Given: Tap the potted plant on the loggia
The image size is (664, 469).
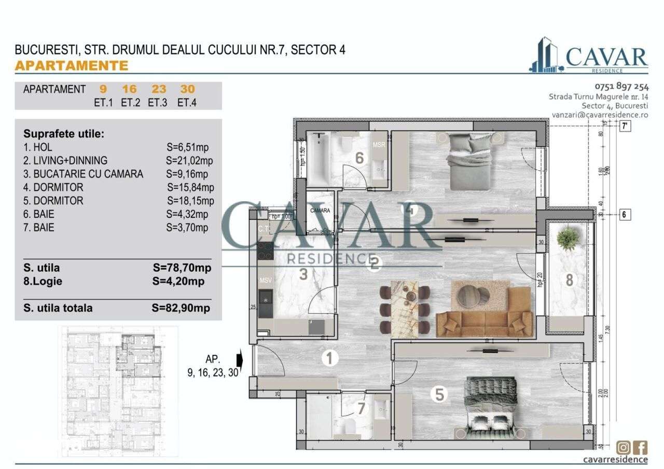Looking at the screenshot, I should [568, 239].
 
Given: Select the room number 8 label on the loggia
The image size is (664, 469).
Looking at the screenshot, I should [569, 280].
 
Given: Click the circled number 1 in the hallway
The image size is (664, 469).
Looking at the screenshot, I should [328, 357].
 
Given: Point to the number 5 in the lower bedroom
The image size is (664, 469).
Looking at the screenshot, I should [439, 395].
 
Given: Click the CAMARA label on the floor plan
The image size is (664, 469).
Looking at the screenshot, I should [320, 211].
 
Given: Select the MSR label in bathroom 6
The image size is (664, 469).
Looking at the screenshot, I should [379, 145].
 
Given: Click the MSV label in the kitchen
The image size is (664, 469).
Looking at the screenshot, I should [266, 280].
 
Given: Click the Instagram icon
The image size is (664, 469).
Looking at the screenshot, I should [624, 447].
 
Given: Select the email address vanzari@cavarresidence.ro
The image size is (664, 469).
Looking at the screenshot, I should [600, 115].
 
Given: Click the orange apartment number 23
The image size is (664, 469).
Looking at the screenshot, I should [159, 89].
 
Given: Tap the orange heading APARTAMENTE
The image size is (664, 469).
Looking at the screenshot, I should [72, 66].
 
